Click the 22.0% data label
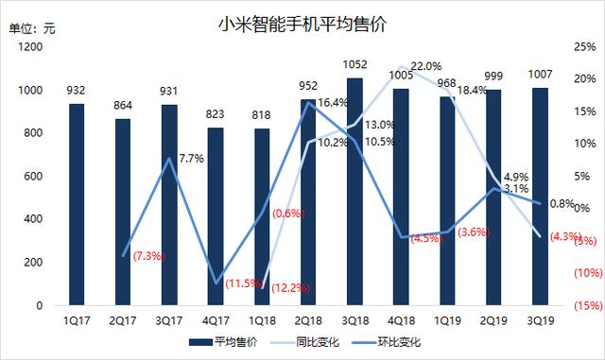(x=426, y=65)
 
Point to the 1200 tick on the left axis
(x=28, y=47)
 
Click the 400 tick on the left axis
(x=32, y=219)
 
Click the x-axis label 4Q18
(x=402, y=320)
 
